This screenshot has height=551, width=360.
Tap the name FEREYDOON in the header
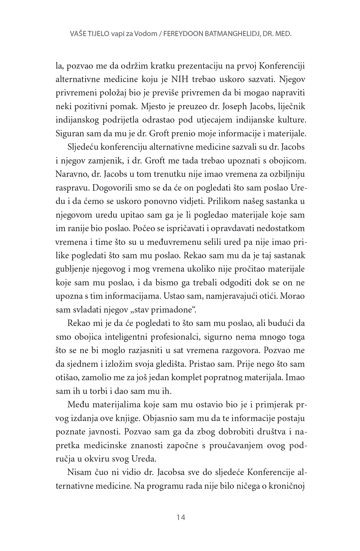pyautogui.click(x=181, y=34)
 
